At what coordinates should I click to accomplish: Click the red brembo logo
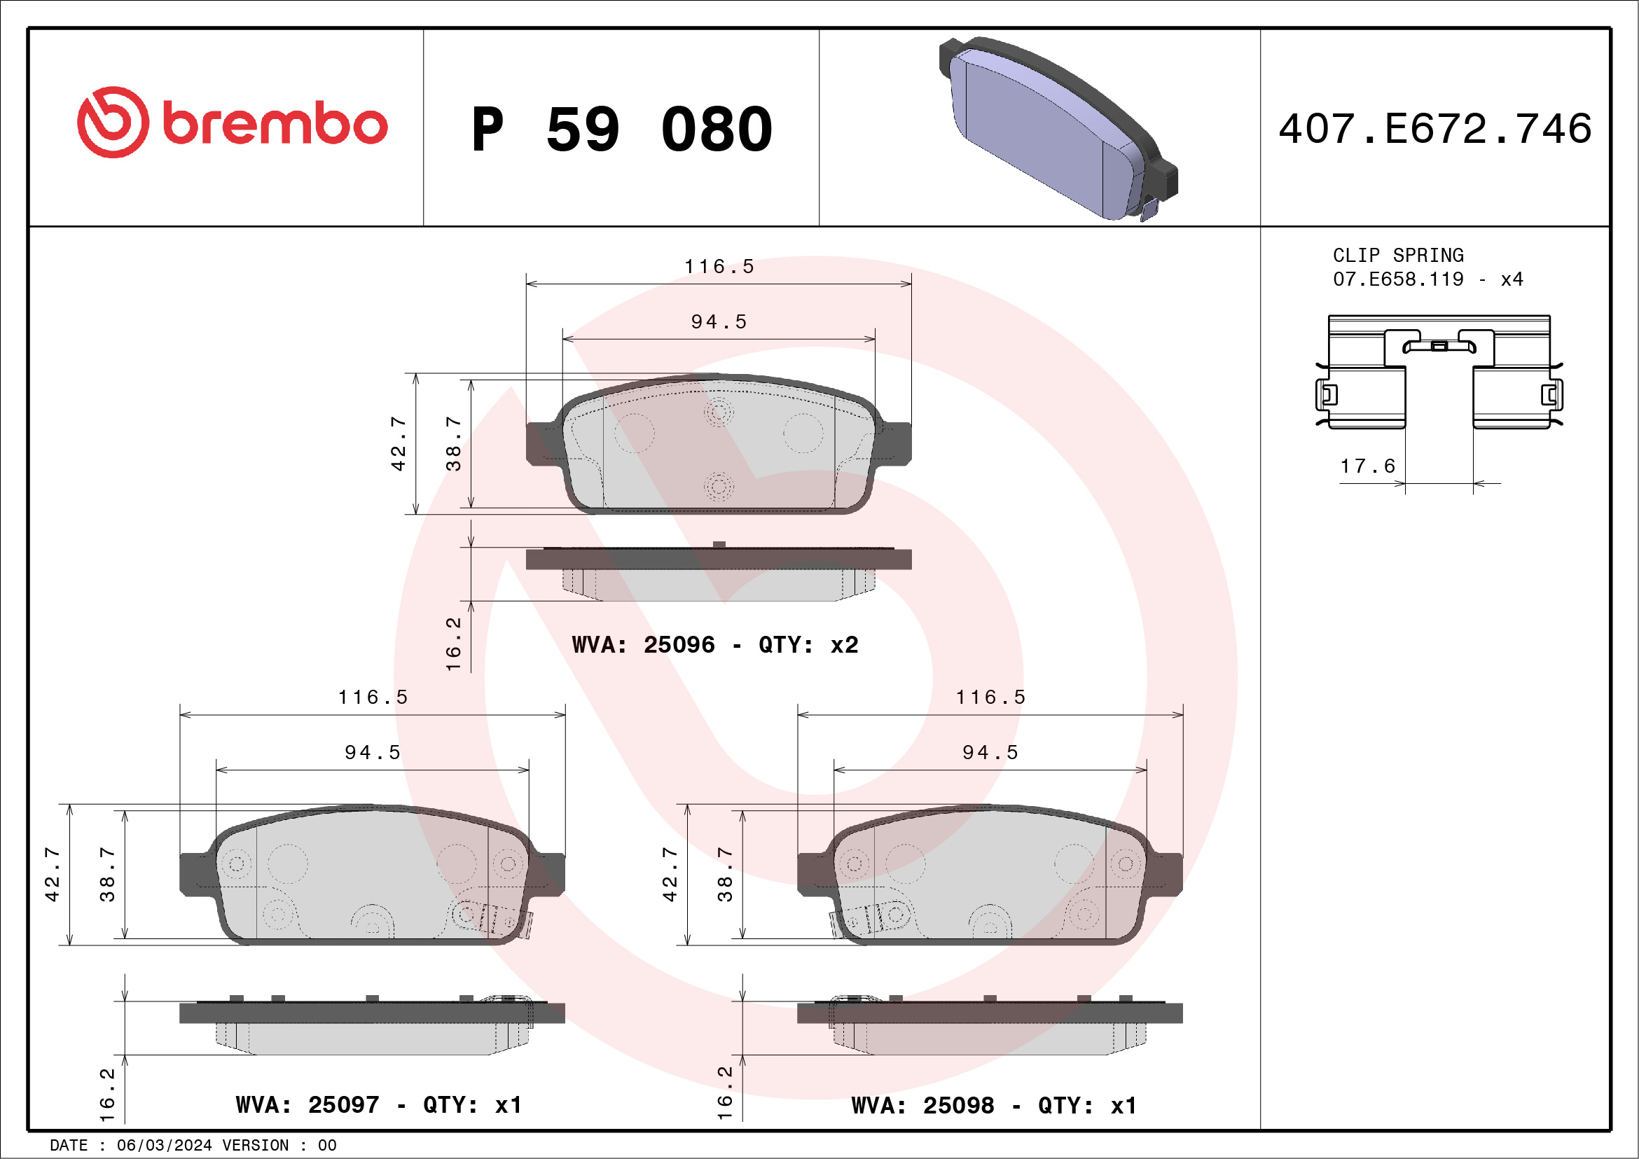[x=232, y=123]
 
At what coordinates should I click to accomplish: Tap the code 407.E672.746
[x=1435, y=129]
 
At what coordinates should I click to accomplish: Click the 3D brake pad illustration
[x=1056, y=128]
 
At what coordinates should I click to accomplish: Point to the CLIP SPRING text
[x=1398, y=256]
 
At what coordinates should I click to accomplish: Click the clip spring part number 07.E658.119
[x=1398, y=279]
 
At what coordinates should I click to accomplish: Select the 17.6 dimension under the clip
[x=1367, y=466]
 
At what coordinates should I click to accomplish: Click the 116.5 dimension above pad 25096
[x=719, y=267]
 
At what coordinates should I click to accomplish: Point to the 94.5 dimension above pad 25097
[x=373, y=752]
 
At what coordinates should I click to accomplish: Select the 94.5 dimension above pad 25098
[x=990, y=752]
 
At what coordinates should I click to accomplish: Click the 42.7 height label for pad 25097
[x=52, y=874]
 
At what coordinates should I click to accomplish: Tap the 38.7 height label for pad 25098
[x=724, y=874]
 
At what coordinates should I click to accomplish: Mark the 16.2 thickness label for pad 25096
[x=453, y=644]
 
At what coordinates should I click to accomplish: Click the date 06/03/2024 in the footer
[x=164, y=1146]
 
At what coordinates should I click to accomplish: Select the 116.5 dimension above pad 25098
[x=990, y=698]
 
